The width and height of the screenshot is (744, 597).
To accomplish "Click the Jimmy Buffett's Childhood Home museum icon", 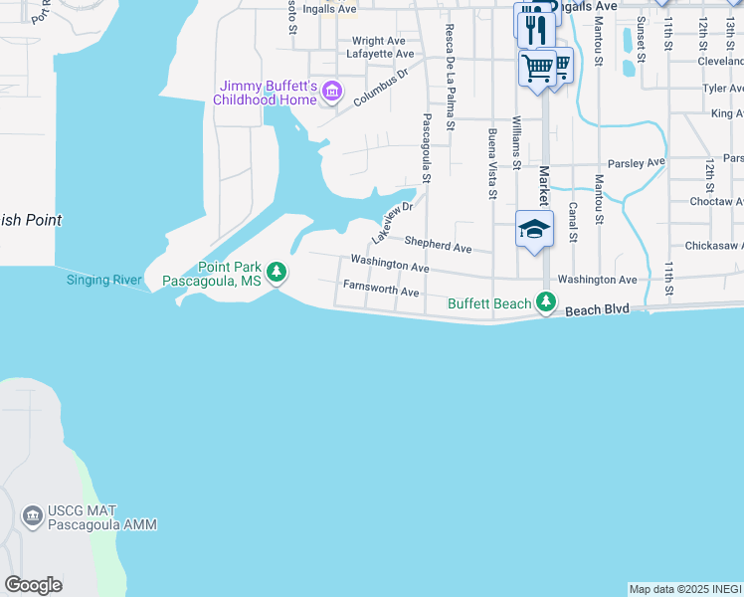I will pyautogui.click(x=332, y=95).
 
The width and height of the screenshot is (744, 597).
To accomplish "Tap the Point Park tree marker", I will pyautogui.click(x=278, y=271).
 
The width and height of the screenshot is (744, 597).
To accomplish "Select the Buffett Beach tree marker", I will pyautogui.click(x=545, y=301).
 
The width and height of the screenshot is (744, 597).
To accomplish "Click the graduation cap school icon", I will pyautogui.click(x=534, y=229).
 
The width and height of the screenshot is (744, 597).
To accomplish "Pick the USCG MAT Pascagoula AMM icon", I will pyautogui.click(x=32, y=515).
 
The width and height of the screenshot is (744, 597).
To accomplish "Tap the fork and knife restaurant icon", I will pyautogui.click(x=536, y=27).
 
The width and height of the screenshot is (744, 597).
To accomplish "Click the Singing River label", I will pyautogui.click(x=104, y=280).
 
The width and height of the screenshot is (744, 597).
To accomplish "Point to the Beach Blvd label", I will pyautogui.click(x=598, y=310).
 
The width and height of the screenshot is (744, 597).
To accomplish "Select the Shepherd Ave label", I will pyautogui.click(x=438, y=246).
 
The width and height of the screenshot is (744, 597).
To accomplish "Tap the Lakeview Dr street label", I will pyautogui.click(x=392, y=224).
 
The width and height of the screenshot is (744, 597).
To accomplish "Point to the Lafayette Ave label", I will pyautogui.click(x=383, y=54).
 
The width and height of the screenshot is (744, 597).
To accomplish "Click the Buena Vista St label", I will pyautogui.click(x=491, y=163).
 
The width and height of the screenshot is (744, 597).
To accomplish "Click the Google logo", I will pyautogui.click(x=33, y=585).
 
